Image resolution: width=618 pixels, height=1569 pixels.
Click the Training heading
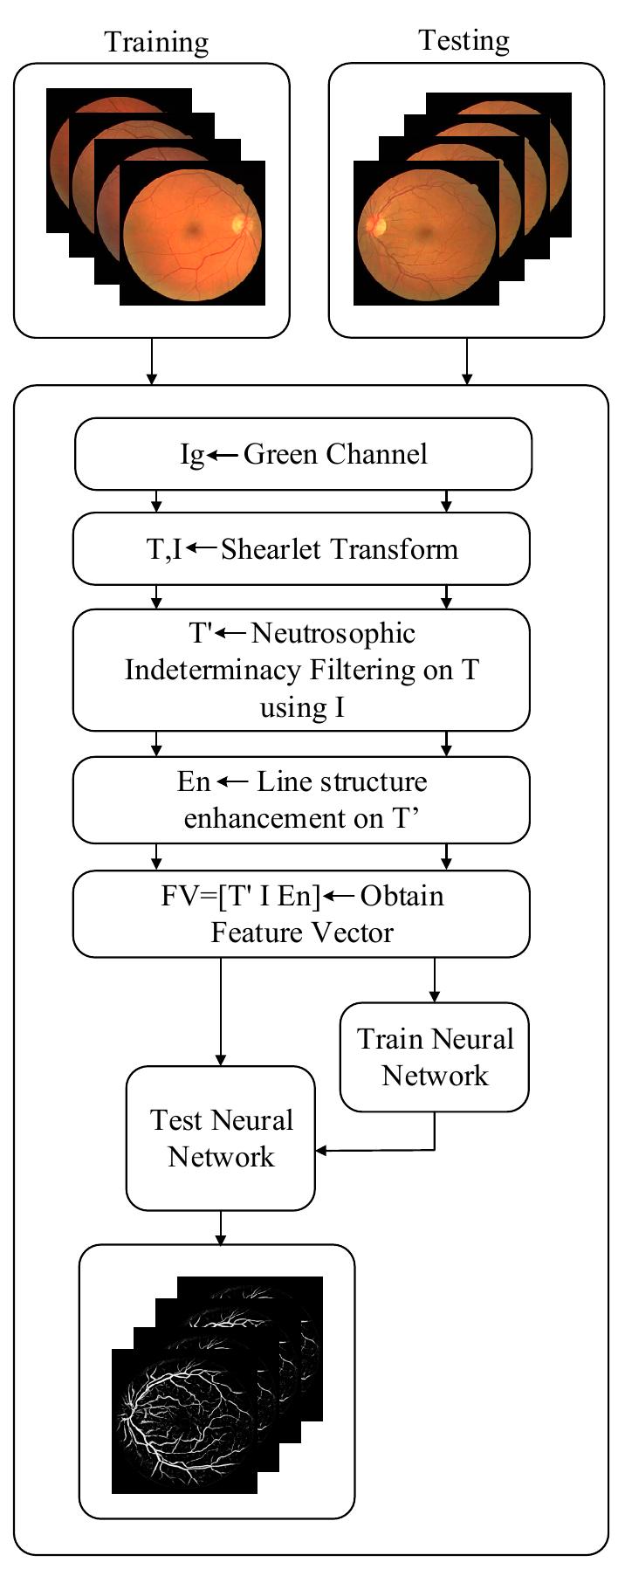click(x=156, y=42)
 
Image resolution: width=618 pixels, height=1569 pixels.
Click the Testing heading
click(x=463, y=40)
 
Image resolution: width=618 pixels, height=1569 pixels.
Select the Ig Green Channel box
click(x=303, y=454)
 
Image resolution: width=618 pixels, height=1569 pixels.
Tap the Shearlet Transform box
click(x=301, y=548)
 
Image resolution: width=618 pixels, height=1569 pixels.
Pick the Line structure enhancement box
click(x=301, y=800)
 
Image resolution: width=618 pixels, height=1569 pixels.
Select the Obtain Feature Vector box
click(x=301, y=913)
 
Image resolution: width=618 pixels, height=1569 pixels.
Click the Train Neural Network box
click(x=434, y=1056)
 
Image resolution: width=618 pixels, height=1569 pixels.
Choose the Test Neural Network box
click(x=221, y=1138)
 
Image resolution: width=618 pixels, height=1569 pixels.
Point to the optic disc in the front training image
click(x=240, y=223)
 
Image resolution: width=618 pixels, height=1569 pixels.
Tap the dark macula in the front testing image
click(x=425, y=234)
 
